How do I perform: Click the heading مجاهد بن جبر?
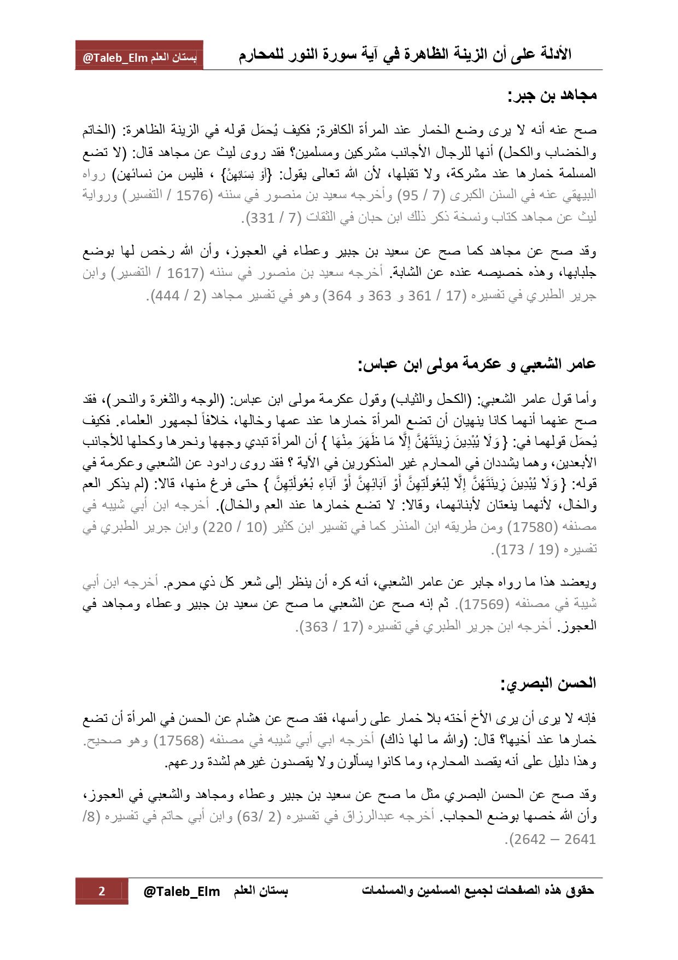pyautogui.click(x=552, y=96)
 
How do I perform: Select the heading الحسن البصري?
pyautogui.click(x=548, y=683)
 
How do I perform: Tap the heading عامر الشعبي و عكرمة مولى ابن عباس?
pyautogui.click(x=477, y=364)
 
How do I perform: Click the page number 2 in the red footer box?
pyautogui.click(x=102, y=891)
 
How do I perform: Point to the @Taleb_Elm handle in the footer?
pyautogui.click(x=182, y=892)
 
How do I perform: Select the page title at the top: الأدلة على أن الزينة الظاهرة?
pyautogui.click(x=405, y=55)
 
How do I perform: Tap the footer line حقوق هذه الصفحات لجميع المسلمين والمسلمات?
pyautogui.click(x=478, y=890)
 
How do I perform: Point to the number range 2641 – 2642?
pyautogui.click(x=552, y=839)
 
